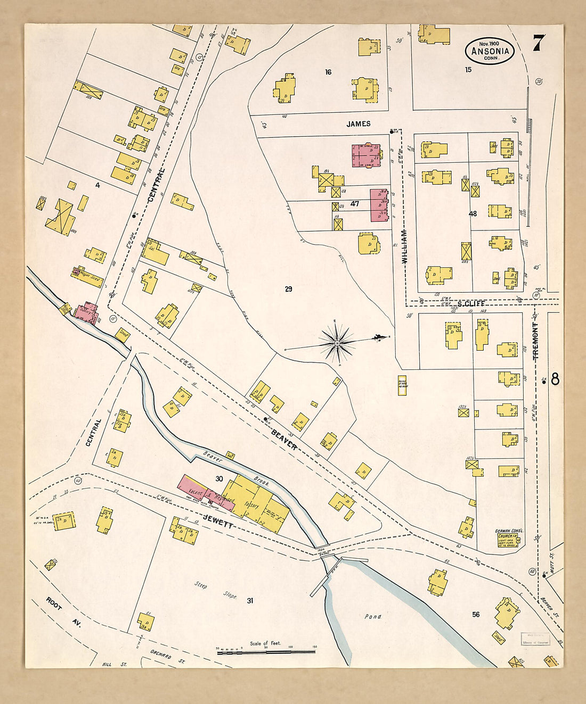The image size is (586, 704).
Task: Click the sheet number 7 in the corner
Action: click(x=539, y=43)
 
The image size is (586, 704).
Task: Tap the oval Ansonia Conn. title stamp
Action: click(x=490, y=51)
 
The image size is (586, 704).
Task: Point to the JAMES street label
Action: click(x=359, y=124)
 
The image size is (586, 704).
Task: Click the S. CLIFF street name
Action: click(x=471, y=303)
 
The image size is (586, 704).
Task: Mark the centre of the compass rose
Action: click(x=337, y=343)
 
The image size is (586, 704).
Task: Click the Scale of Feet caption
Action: click(x=265, y=643)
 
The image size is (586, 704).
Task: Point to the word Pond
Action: click(x=373, y=617)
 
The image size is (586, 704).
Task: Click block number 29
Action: click(x=288, y=289)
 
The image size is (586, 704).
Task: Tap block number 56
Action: click(x=475, y=615)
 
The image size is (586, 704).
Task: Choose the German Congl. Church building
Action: click(x=508, y=539)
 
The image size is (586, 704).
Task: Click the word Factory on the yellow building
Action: click(x=252, y=506)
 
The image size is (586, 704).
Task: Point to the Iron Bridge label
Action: click(x=321, y=552)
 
